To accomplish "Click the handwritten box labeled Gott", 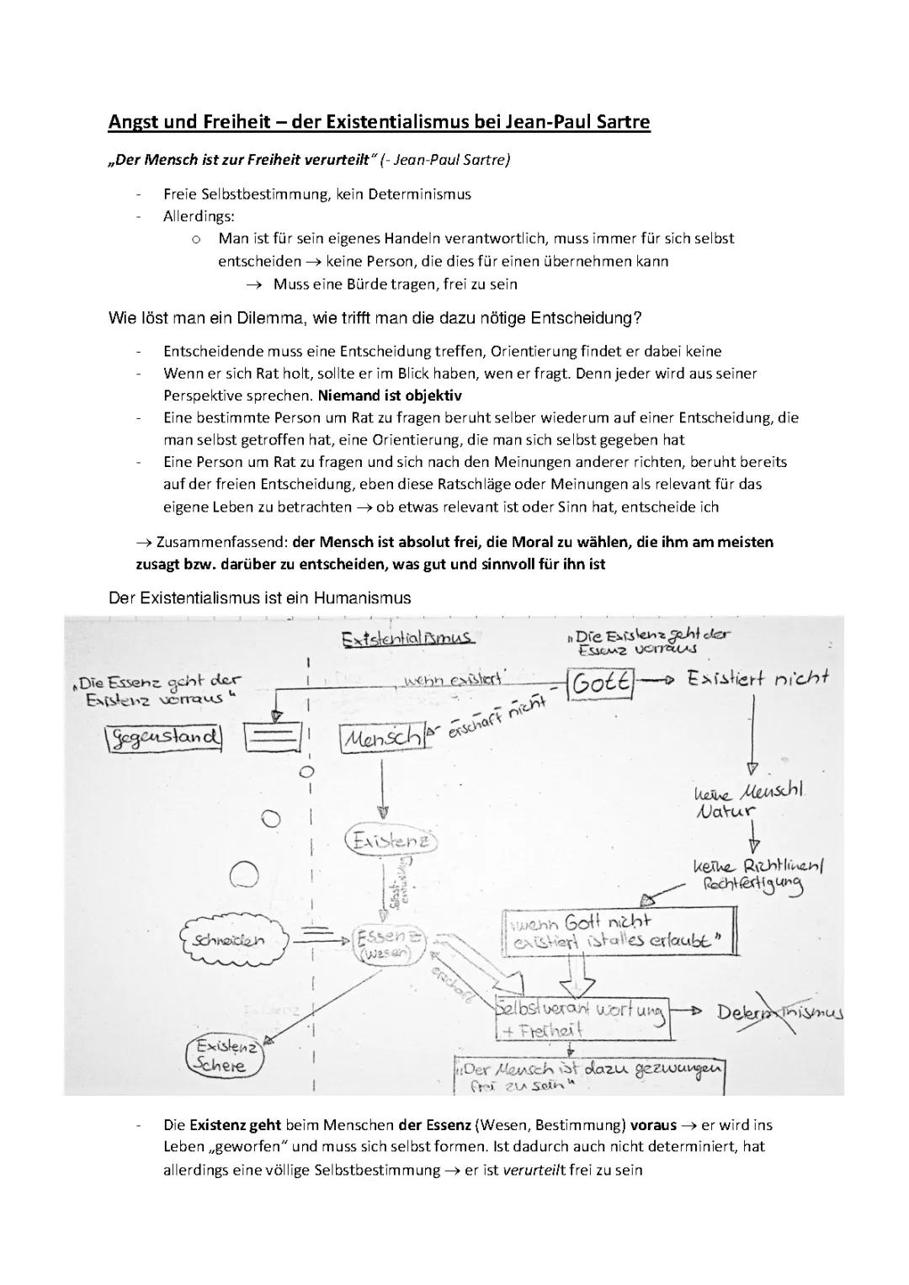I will point(600,684).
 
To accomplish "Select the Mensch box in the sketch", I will point(381,738).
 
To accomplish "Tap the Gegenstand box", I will point(164,737).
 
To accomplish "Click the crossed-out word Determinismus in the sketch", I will point(780,1013).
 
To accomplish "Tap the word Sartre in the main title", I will point(620,123).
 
